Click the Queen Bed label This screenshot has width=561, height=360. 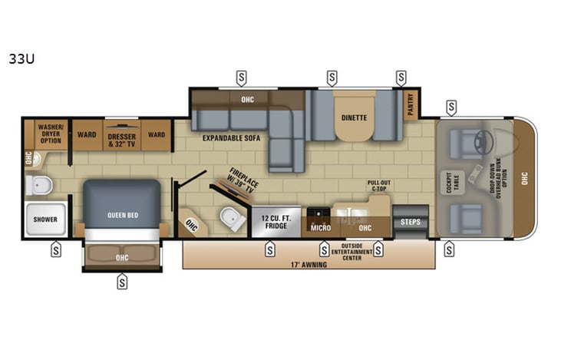123,215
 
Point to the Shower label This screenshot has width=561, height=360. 45,220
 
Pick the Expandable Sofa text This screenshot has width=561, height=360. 232,139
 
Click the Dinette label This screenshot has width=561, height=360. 354,117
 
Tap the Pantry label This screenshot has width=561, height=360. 411,103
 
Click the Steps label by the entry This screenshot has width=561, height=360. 411,222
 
